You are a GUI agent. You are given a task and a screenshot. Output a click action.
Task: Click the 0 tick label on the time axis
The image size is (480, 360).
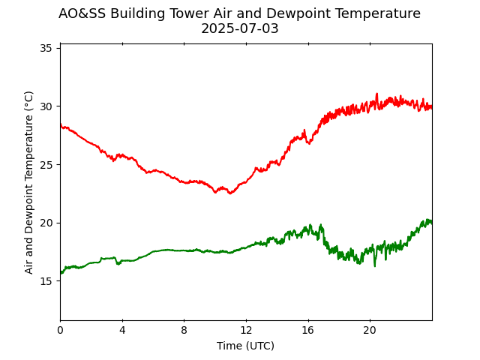pos(60,330)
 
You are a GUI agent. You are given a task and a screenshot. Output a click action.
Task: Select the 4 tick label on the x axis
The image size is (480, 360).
pos(122,330)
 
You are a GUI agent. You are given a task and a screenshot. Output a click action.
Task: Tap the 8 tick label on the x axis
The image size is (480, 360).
pos(184,330)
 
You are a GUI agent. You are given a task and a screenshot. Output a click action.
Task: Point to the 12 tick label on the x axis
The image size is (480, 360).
pos(246,330)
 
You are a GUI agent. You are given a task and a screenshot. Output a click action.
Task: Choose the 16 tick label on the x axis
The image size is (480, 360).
pos(307,330)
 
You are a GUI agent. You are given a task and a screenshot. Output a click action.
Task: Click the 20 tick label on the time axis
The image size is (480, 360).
pos(370,330)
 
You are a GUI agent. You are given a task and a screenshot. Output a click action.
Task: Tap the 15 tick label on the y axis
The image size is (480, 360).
pos(46,281)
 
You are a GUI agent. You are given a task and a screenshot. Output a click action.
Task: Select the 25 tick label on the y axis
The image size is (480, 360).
pos(46,165)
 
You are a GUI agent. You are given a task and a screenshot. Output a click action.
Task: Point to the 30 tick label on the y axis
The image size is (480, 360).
pos(46,106)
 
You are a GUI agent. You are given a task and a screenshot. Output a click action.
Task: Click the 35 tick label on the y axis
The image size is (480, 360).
pos(46,48)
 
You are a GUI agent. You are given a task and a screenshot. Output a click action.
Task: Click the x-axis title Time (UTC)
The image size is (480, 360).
pos(245,346)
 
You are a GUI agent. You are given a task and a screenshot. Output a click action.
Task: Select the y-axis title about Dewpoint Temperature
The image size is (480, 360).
pos(29,182)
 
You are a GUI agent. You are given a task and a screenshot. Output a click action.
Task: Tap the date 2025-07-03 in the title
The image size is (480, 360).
pos(239,29)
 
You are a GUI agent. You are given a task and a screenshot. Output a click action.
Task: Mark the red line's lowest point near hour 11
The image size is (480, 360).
pos(230,193)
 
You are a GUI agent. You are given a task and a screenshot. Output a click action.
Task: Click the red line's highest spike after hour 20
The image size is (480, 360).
pos(376,94)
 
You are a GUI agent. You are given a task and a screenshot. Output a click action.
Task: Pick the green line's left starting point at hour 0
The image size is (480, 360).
pos(61,273)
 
